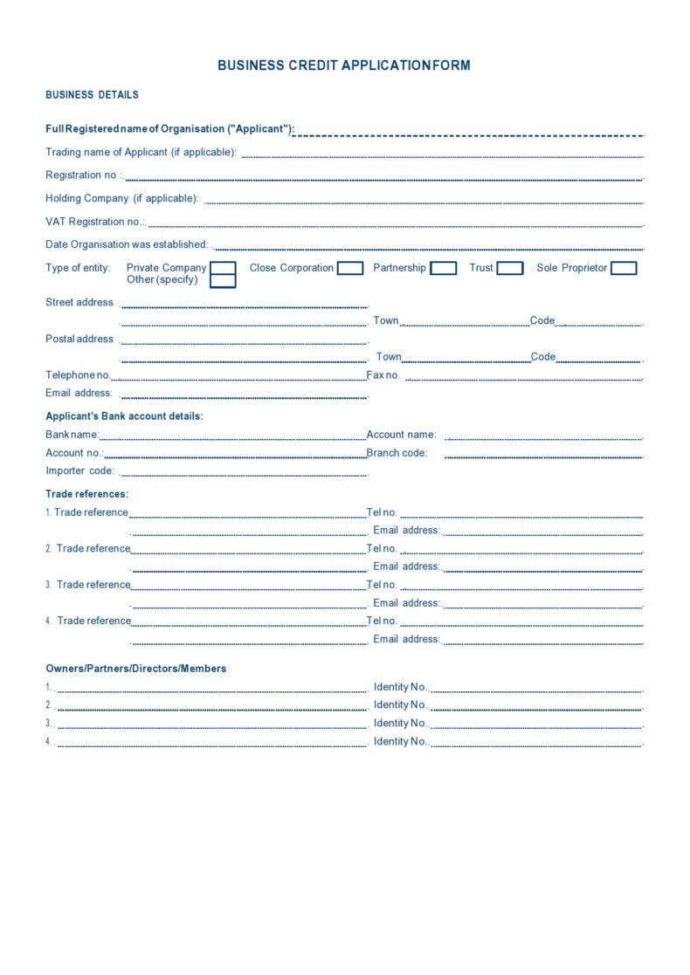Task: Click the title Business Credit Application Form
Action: (344, 65)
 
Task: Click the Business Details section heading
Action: (92, 95)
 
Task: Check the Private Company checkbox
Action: (224, 268)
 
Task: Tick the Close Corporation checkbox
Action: (350, 268)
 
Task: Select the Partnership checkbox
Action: (443, 268)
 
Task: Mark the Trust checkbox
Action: (510, 268)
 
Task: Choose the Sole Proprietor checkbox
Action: (624, 268)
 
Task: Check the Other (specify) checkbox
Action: (224, 281)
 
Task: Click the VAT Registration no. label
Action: (95, 222)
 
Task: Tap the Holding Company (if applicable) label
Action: (122, 198)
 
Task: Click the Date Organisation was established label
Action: (127, 244)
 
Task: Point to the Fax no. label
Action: (383, 375)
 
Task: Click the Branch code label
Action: (397, 453)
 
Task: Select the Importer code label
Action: (79, 471)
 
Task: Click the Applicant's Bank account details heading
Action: (124, 416)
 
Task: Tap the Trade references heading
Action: (86, 494)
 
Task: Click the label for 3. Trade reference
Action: (88, 585)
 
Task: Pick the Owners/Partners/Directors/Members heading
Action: (135, 669)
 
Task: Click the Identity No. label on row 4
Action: (400, 741)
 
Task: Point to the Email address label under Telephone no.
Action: (79, 393)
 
